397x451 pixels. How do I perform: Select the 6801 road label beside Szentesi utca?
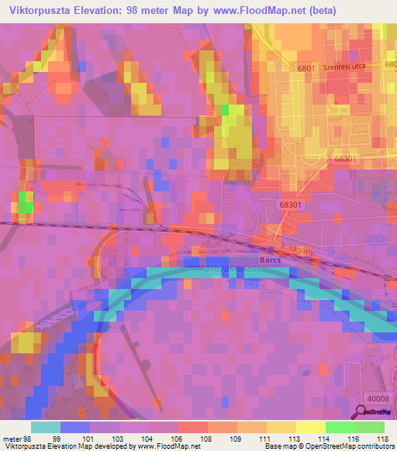[x=306, y=68]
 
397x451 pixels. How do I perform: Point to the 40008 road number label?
[x=378, y=398]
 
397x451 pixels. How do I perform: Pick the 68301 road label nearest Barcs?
[x=289, y=204]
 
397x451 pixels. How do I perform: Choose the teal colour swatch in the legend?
[x=46, y=427]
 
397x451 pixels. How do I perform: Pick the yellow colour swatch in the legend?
[x=281, y=427]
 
